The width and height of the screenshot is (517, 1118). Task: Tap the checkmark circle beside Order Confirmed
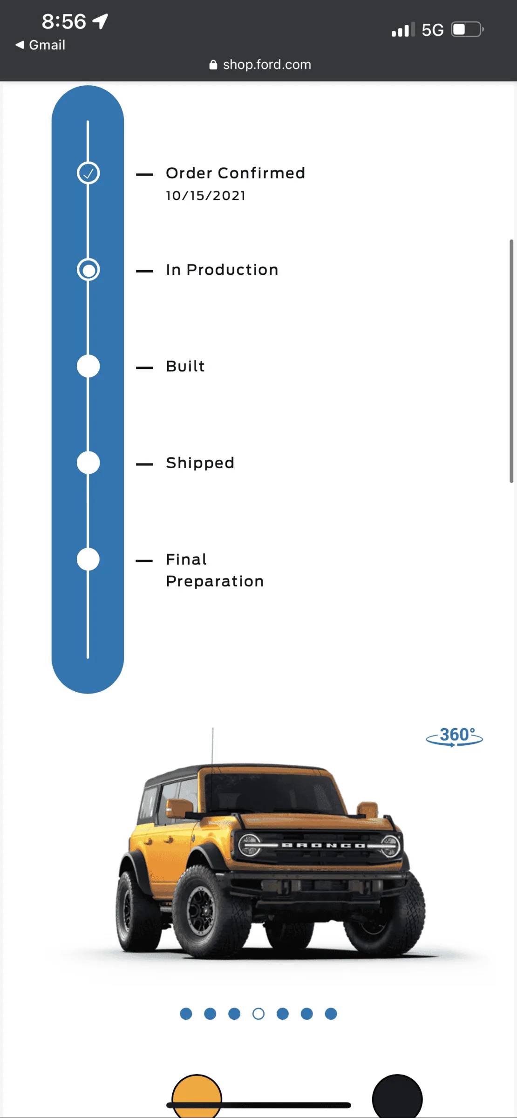[x=88, y=173]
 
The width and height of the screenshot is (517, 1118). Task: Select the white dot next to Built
[x=88, y=366]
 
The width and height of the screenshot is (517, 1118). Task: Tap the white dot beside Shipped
[x=88, y=463]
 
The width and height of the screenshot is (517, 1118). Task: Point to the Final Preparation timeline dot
[x=88, y=559]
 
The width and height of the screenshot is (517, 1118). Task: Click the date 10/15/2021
[x=205, y=196]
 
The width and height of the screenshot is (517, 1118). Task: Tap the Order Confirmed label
[x=235, y=173]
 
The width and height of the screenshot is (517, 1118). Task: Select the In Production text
[x=222, y=270]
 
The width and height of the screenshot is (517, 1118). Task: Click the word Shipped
[x=200, y=463]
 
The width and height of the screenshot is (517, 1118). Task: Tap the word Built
[x=185, y=366]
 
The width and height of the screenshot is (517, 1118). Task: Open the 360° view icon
[x=455, y=736]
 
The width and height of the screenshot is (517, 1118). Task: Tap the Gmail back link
[x=41, y=45]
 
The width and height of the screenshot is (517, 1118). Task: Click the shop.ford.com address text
[x=267, y=64]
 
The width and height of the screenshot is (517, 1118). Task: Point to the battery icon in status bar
[x=468, y=29]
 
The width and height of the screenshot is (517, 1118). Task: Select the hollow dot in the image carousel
[x=258, y=1014]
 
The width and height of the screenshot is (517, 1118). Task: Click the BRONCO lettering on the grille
[x=323, y=845]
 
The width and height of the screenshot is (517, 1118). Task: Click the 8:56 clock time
[x=64, y=21]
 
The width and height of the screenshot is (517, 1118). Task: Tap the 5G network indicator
[x=433, y=30]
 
